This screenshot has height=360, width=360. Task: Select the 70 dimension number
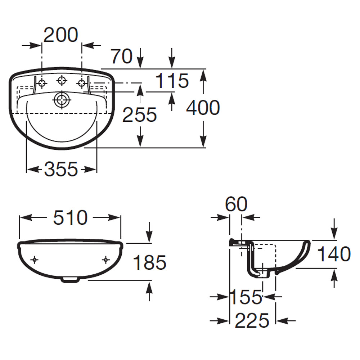coord(121,57)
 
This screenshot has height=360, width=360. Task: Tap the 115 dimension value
coord(172,81)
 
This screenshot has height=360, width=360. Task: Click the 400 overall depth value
coord(203,108)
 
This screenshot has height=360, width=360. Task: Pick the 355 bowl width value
coord(61,169)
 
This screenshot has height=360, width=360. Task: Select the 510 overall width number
coord(70,217)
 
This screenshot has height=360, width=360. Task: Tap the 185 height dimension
coord(150,262)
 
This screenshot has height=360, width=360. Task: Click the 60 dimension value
coord(236,205)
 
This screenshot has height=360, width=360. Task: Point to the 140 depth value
coord(334,254)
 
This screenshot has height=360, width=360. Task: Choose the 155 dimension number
coord(246,297)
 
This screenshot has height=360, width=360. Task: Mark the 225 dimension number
coord(252,320)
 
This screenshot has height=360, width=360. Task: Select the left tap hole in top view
coord(42,84)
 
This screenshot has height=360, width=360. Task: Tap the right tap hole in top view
coord(82,84)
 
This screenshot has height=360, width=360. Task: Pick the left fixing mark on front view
coord(35,260)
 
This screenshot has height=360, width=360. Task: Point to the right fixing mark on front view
coord(105,260)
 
